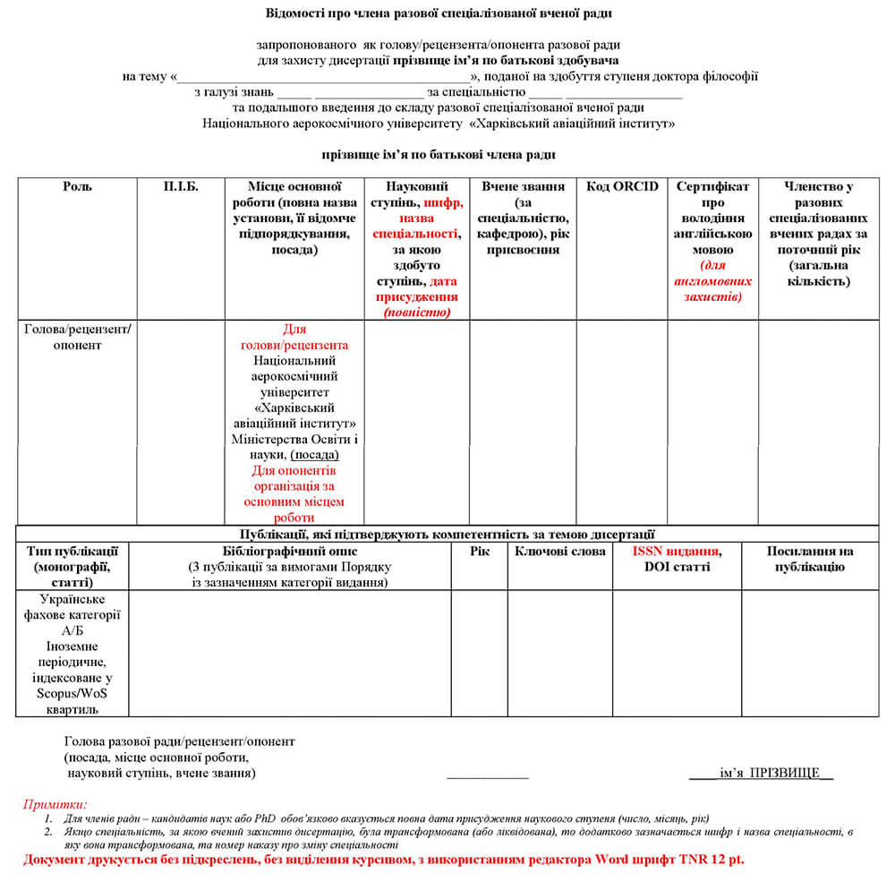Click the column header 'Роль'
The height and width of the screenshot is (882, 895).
click(x=77, y=186)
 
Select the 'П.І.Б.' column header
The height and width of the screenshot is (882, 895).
click(x=181, y=186)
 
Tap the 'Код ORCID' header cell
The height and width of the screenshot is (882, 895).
click(x=622, y=186)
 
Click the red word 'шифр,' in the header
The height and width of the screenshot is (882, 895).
click(x=443, y=202)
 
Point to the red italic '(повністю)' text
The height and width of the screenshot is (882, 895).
click(x=416, y=313)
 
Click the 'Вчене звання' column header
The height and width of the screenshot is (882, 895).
click(x=523, y=186)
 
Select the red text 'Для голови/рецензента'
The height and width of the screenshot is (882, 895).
click(x=294, y=337)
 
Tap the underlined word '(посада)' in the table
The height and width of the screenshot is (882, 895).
click(x=314, y=454)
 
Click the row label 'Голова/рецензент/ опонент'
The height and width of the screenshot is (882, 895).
click(x=77, y=337)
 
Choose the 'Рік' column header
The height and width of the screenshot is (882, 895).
click(x=479, y=551)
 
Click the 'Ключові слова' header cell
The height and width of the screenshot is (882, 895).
click(x=560, y=551)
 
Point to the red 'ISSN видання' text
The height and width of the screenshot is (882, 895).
click(x=676, y=551)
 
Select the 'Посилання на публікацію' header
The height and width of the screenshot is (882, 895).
click(x=810, y=559)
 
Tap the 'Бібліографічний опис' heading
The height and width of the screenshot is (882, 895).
click(x=289, y=551)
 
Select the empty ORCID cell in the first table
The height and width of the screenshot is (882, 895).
click(x=622, y=421)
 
